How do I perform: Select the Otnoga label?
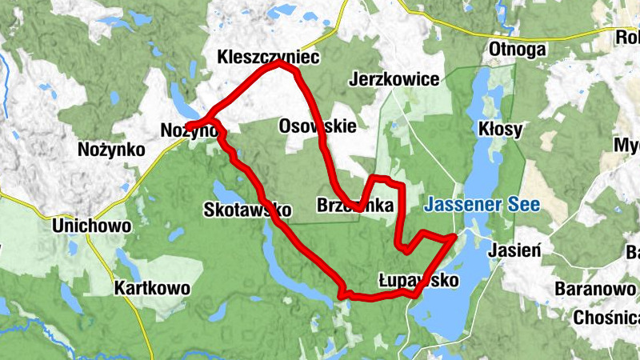[x=517, y=50]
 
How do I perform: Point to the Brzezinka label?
[x=355, y=205]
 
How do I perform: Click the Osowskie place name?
[x=318, y=126]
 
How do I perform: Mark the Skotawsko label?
[x=247, y=210]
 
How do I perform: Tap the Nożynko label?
[x=111, y=150]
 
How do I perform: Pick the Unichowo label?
[x=91, y=226]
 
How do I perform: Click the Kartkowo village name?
[x=152, y=288]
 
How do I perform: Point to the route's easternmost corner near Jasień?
[x=454, y=237]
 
